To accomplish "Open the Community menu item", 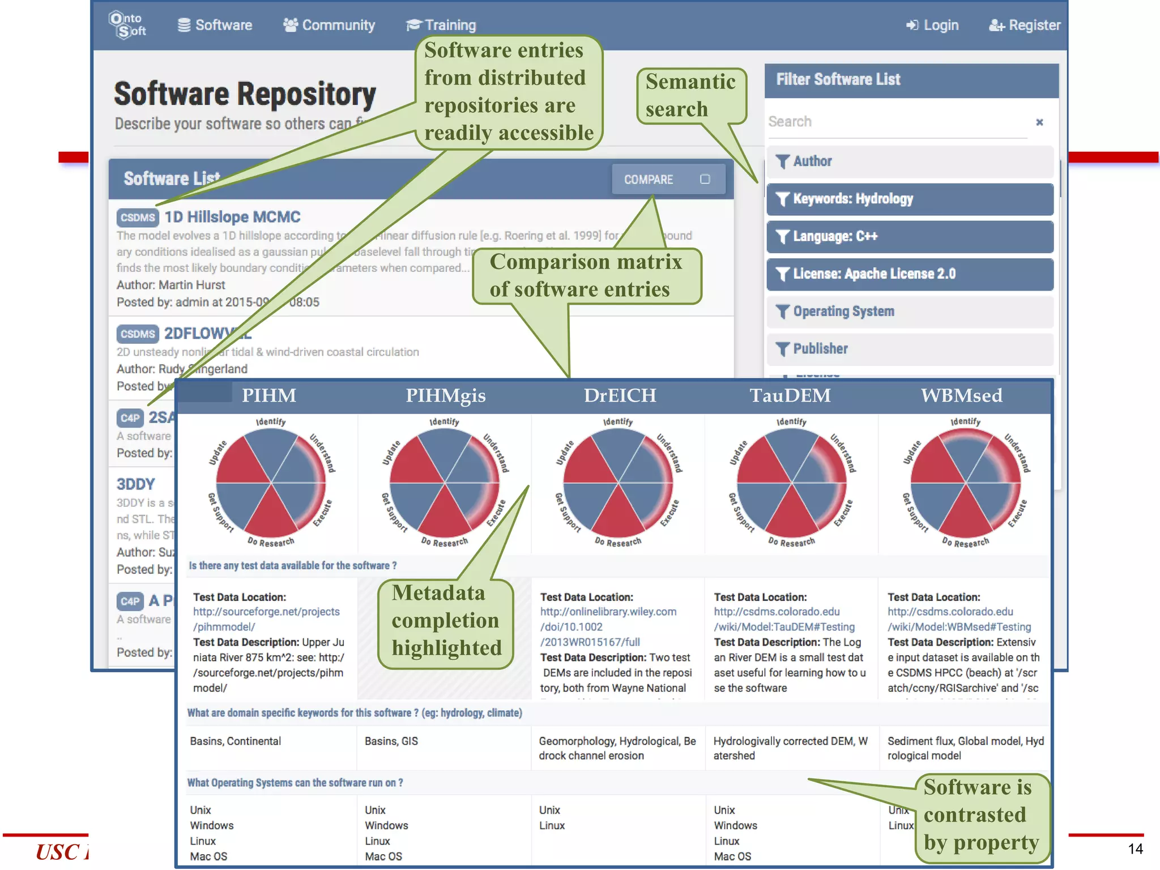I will (x=329, y=25).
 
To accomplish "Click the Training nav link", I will (x=441, y=25).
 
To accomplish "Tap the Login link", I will (x=932, y=25).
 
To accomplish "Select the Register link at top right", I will (x=1025, y=25).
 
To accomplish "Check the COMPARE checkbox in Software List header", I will (x=705, y=180).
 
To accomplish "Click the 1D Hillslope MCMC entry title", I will (x=232, y=217).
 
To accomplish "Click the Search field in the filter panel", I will (x=897, y=122).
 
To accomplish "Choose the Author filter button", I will (x=910, y=161).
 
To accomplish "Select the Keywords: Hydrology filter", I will (x=910, y=199).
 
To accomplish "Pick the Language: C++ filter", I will (x=910, y=236).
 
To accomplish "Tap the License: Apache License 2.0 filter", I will (x=910, y=274).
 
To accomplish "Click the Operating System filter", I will (x=910, y=312).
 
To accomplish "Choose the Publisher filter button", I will (x=910, y=349).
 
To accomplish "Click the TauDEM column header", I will (x=790, y=395).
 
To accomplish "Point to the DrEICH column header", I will (x=620, y=395).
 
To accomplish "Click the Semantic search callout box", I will (x=691, y=95).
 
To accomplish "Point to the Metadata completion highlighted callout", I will (x=446, y=621).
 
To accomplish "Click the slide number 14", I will (x=1135, y=848).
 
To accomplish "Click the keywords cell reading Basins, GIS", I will (x=391, y=741).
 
